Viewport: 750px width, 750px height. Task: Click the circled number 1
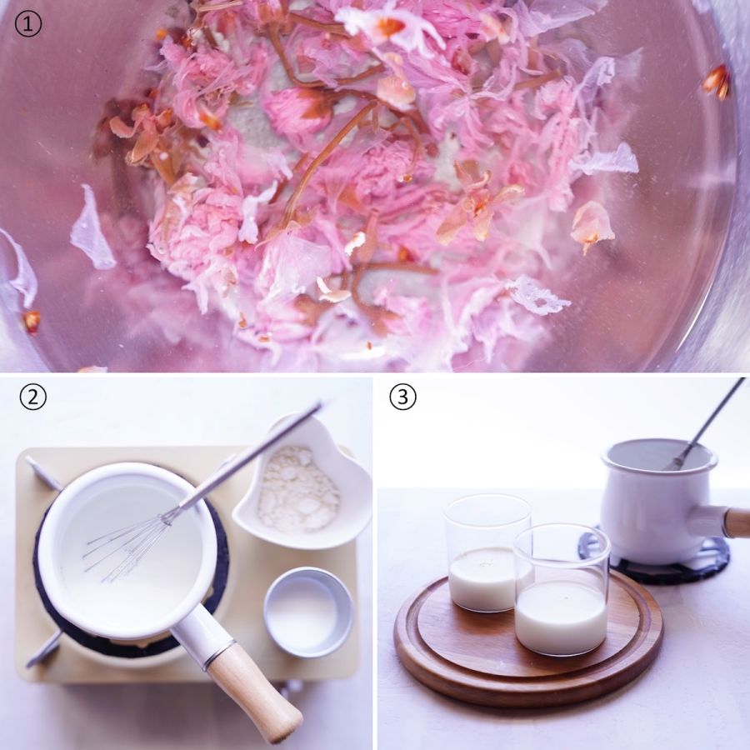(28, 24)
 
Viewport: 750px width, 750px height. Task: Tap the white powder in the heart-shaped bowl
(298, 489)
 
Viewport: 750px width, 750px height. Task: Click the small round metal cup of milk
(308, 612)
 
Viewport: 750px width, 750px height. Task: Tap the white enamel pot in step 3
(657, 502)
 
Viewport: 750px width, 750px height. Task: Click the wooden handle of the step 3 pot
(737, 522)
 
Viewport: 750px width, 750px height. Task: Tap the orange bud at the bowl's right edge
(716, 82)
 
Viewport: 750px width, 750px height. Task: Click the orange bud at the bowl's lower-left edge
(32, 321)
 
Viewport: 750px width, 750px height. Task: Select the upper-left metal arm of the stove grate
(44, 473)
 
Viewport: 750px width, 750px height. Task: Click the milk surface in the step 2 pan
(129, 550)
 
